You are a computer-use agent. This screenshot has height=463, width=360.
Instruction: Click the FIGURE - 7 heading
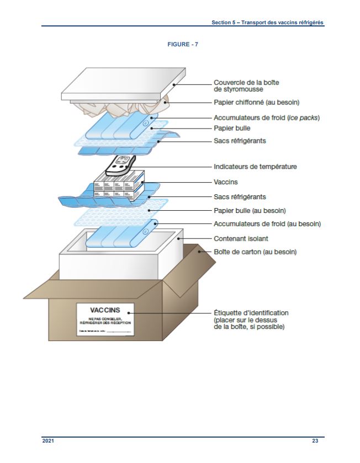pyautogui.click(x=183, y=45)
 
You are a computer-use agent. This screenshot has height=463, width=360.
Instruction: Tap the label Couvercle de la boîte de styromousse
pyautogui.click(x=246, y=86)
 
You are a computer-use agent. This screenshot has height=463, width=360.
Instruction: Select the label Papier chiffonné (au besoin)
pyautogui.click(x=256, y=102)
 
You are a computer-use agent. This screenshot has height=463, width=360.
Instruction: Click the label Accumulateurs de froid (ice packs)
pyautogui.click(x=267, y=118)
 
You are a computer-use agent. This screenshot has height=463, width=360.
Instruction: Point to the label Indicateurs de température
pyautogui.click(x=256, y=166)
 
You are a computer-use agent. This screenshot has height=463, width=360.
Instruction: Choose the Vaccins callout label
pyautogui.click(x=225, y=182)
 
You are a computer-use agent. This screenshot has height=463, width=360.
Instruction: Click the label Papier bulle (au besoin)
pyautogui.click(x=253, y=210)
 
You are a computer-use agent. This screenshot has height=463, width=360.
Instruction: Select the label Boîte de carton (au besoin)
pyautogui.click(x=255, y=252)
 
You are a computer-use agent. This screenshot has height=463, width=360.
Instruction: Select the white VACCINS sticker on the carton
pyautogui.click(x=105, y=320)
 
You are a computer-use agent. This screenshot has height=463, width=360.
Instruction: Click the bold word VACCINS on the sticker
pyautogui.click(x=105, y=310)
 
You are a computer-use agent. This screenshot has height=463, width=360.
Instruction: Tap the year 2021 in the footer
pyautogui.click(x=48, y=441)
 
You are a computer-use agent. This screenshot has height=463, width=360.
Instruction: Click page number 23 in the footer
pyautogui.click(x=315, y=441)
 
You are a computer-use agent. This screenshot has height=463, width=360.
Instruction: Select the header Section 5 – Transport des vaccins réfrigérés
pyautogui.click(x=267, y=23)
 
